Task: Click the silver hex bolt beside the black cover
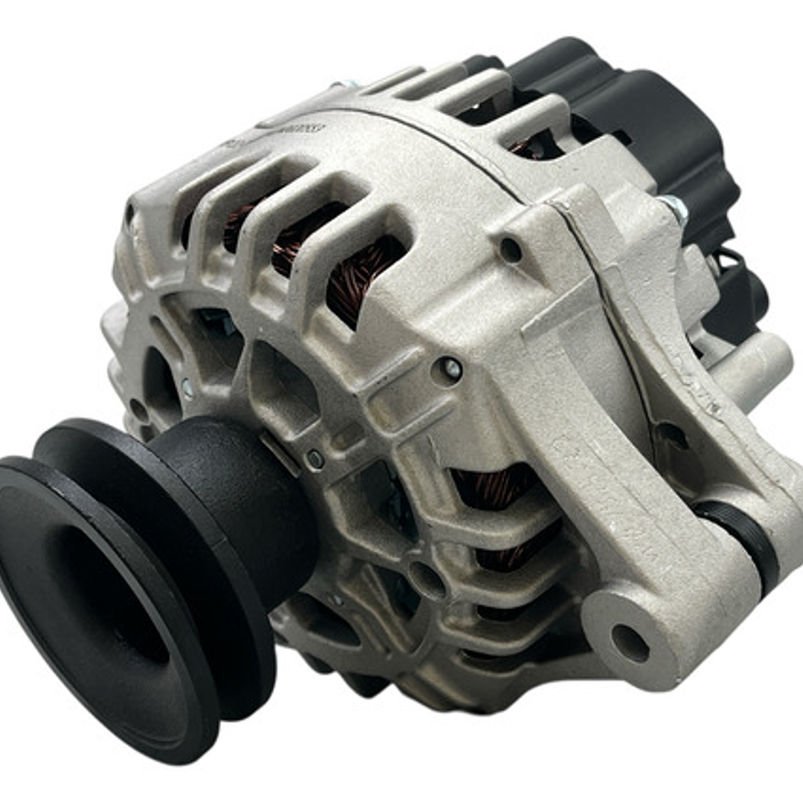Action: coord(674,207)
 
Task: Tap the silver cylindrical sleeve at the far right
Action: coord(759,368)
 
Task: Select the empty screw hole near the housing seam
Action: coord(511,250)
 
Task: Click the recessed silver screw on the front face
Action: coord(450,368)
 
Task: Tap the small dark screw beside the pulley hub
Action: coord(315,459)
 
